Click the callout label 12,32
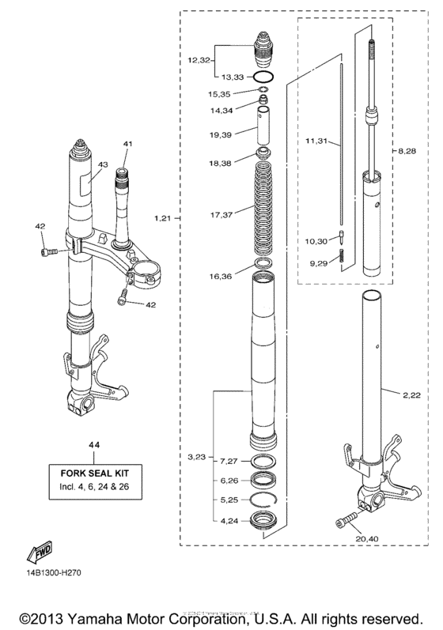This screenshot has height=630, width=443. point(199,60)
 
